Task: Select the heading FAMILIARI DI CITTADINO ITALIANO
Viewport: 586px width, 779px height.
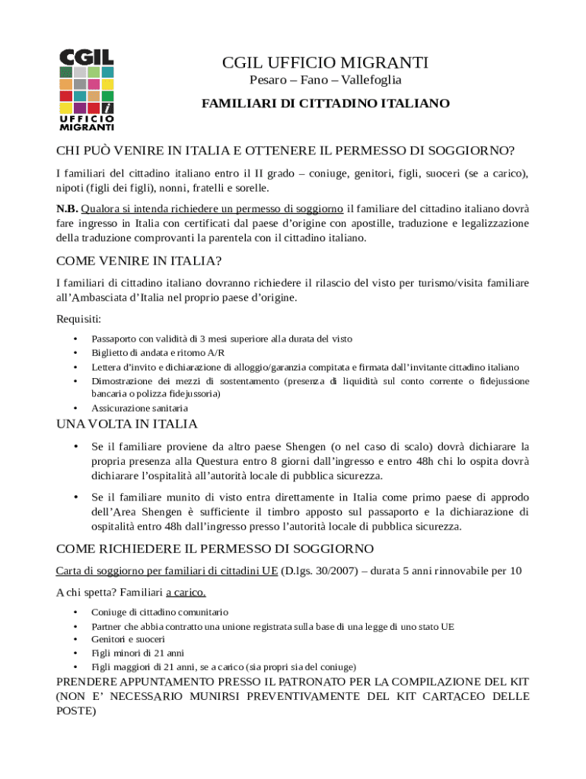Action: pyautogui.click(x=325, y=103)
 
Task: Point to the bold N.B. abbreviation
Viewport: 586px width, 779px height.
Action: pyautogui.click(x=67, y=208)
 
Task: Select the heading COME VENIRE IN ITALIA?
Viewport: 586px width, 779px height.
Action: pyautogui.click(x=139, y=261)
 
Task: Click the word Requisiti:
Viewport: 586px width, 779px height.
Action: pyautogui.click(x=79, y=319)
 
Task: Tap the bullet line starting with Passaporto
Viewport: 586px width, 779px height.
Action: pyautogui.click(x=221, y=339)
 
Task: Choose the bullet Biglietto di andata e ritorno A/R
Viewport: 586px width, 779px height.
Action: pyautogui.click(x=158, y=353)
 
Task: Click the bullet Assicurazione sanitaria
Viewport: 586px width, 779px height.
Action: pyautogui.click(x=139, y=408)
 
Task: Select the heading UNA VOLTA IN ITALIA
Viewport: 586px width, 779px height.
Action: pyautogui.click(x=127, y=424)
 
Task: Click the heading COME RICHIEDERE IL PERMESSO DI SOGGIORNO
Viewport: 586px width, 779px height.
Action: pyautogui.click(x=215, y=548)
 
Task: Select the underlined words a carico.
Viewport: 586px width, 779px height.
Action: pyautogui.click(x=186, y=592)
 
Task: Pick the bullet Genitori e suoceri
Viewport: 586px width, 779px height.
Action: pyautogui.click(x=128, y=639)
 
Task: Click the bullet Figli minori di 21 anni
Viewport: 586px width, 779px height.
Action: pyautogui.click(x=138, y=653)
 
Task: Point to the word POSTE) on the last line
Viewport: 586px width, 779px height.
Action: pyautogui.click(x=76, y=711)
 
